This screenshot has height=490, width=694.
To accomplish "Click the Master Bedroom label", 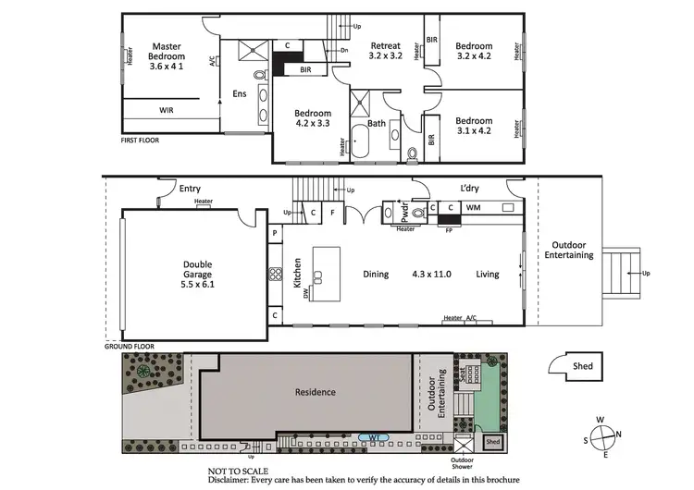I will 167,55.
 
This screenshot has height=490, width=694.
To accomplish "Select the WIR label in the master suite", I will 167,110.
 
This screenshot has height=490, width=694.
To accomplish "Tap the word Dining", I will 376,275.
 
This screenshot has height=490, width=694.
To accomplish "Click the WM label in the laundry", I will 472,210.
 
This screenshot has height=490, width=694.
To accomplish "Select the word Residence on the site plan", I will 315,392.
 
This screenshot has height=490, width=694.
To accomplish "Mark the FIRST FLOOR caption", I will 141,141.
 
